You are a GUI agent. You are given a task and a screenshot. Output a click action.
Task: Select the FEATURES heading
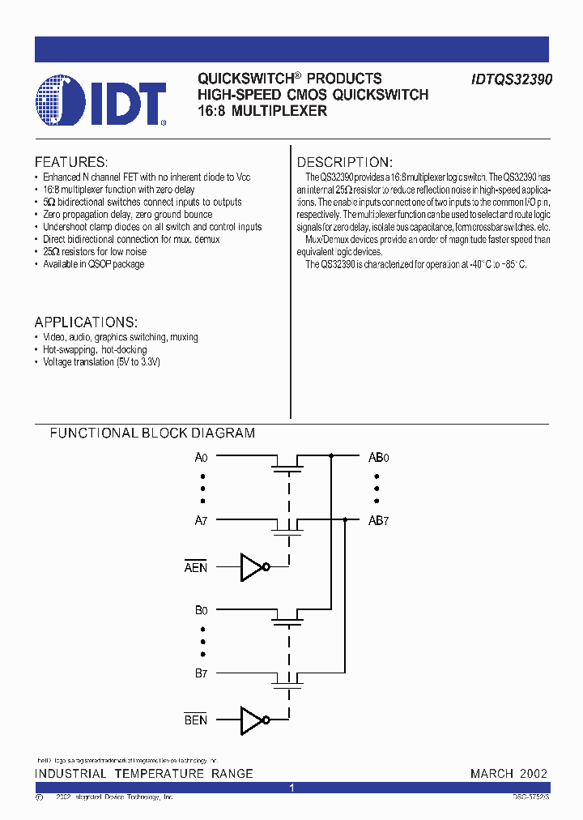(x=70, y=162)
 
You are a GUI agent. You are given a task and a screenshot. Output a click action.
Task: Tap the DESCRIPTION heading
(x=344, y=162)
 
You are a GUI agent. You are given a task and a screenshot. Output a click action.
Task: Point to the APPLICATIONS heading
(x=86, y=322)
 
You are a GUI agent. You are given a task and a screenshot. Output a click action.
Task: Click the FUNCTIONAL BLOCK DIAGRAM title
(x=152, y=433)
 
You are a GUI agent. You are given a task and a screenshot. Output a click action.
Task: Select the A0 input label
(x=202, y=457)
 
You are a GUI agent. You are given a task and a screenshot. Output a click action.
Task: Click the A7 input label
(x=202, y=521)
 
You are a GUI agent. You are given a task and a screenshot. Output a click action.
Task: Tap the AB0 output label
(x=378, y=457)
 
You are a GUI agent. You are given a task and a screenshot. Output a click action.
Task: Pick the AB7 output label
(x=378, y=521)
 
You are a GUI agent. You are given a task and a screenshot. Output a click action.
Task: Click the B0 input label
(x=202, y=610)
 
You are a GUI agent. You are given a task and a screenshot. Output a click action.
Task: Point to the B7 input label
(x=202, y=673)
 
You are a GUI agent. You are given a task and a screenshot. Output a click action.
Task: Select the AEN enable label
(x=196, y=568)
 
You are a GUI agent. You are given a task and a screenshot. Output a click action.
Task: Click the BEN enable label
(x=196, y=720)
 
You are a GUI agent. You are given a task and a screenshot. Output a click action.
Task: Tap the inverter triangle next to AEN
(x=252, y=567)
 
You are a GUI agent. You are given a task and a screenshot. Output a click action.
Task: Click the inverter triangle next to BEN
(x=252, y=720)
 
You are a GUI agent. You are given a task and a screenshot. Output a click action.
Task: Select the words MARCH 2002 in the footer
(x=509, y=774)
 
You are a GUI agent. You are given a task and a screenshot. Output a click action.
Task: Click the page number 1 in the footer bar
(x=291, y=788)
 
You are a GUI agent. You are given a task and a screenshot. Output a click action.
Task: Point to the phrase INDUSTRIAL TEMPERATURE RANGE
(x=143, y=774)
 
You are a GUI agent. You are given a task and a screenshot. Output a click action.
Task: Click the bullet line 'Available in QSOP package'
(x=93, y=265)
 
